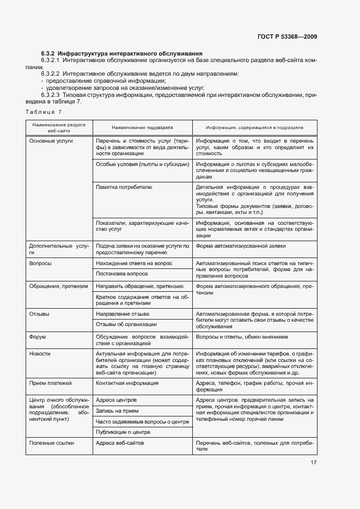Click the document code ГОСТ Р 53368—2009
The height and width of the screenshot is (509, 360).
(x=286, y=37)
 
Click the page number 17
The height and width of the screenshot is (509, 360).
(x=314, y=463)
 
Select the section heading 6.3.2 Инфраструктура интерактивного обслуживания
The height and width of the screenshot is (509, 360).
(x=122, y=53)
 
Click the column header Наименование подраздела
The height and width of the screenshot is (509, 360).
(x=142, y=127)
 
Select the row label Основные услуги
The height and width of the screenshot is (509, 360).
(x=51, y=140)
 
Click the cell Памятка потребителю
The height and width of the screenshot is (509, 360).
(x=124, y=187)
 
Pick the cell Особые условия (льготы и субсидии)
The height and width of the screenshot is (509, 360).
(x=142, y=164)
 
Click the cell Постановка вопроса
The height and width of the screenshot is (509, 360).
(x=121, y=274)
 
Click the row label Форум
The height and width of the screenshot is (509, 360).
(x=38, y=337)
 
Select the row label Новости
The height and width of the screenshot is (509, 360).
(x=40, y=354)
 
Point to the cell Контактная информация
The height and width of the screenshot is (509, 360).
(x=127, y=383)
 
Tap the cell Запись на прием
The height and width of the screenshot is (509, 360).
(x=116, y=411)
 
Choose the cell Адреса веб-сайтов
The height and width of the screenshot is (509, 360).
(x=119, y=443)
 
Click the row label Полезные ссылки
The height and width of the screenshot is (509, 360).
(x=52, y=443)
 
